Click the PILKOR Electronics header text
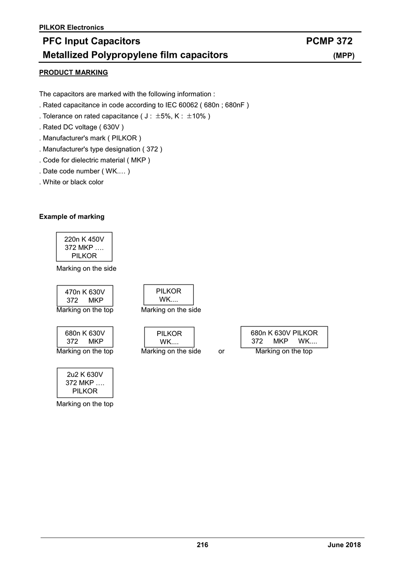(x=71, y=27)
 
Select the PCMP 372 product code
(x=329, y=41)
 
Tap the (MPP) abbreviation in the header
(x=343, y=56)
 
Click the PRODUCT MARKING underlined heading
(x=73, y=72)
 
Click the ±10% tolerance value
(x=196, y=116)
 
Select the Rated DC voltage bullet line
(x=82, y=127)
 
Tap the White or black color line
(x=71, y=182)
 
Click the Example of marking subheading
(x=72, y=216)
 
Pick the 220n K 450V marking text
(x=84, y=239)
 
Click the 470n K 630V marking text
(x=85, y=292)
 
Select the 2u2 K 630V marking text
(x=85, y=374)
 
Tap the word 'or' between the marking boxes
(x=221, y=351)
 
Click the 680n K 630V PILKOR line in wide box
(x=284, y=333)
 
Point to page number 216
(x=202, y=545)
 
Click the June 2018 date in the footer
(x=344, y=545)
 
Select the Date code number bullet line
(x=84, y=171)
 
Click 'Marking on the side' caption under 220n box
(x=86, y=269)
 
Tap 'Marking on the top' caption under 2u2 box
(x=85, y=404)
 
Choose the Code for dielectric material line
(x=95, y=160)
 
